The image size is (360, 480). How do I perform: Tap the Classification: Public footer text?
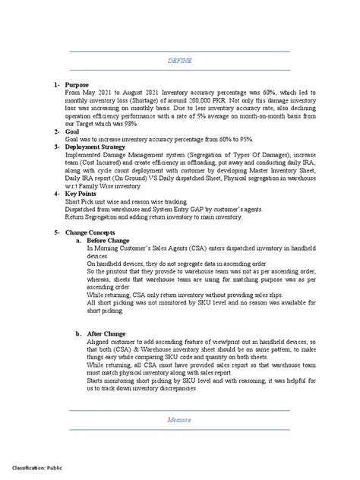(42, 468)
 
